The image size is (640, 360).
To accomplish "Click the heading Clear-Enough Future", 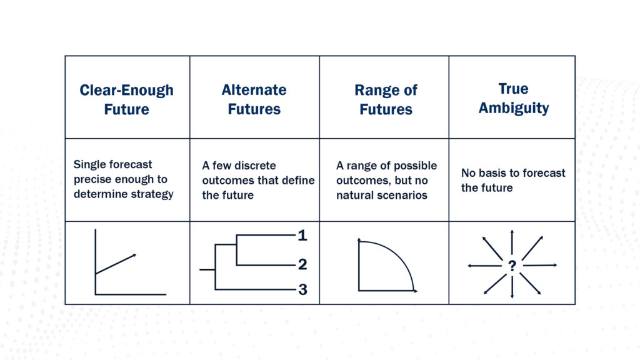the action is (x=126, y=99).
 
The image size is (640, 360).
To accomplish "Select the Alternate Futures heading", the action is (x=254, y=99).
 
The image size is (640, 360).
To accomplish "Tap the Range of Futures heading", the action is (x=386, y=99).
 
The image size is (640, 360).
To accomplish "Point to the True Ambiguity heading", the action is (x=514, y=98).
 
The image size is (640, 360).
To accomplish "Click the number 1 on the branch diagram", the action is (x=302, y=235).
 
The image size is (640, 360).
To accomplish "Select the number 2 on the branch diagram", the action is (x=302, y=264).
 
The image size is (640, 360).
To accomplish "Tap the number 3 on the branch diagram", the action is (x=302, y=289).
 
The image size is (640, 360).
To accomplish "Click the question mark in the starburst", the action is (x=512, y=266).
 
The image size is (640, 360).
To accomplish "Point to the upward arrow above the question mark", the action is (x=512, y=242).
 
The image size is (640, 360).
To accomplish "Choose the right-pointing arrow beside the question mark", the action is (x=540, y=265).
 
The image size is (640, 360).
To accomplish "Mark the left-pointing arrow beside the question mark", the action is (x=484, y=266).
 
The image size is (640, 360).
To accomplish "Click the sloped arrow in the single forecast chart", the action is (x=116, y=264).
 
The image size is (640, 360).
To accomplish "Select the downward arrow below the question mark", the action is (x=512, y=287).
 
